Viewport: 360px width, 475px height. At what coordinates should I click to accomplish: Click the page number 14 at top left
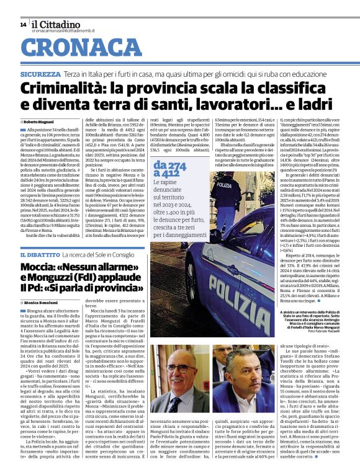(x=22, y=24)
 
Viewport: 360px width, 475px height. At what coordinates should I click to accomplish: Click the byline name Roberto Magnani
(x=38, y=122)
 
